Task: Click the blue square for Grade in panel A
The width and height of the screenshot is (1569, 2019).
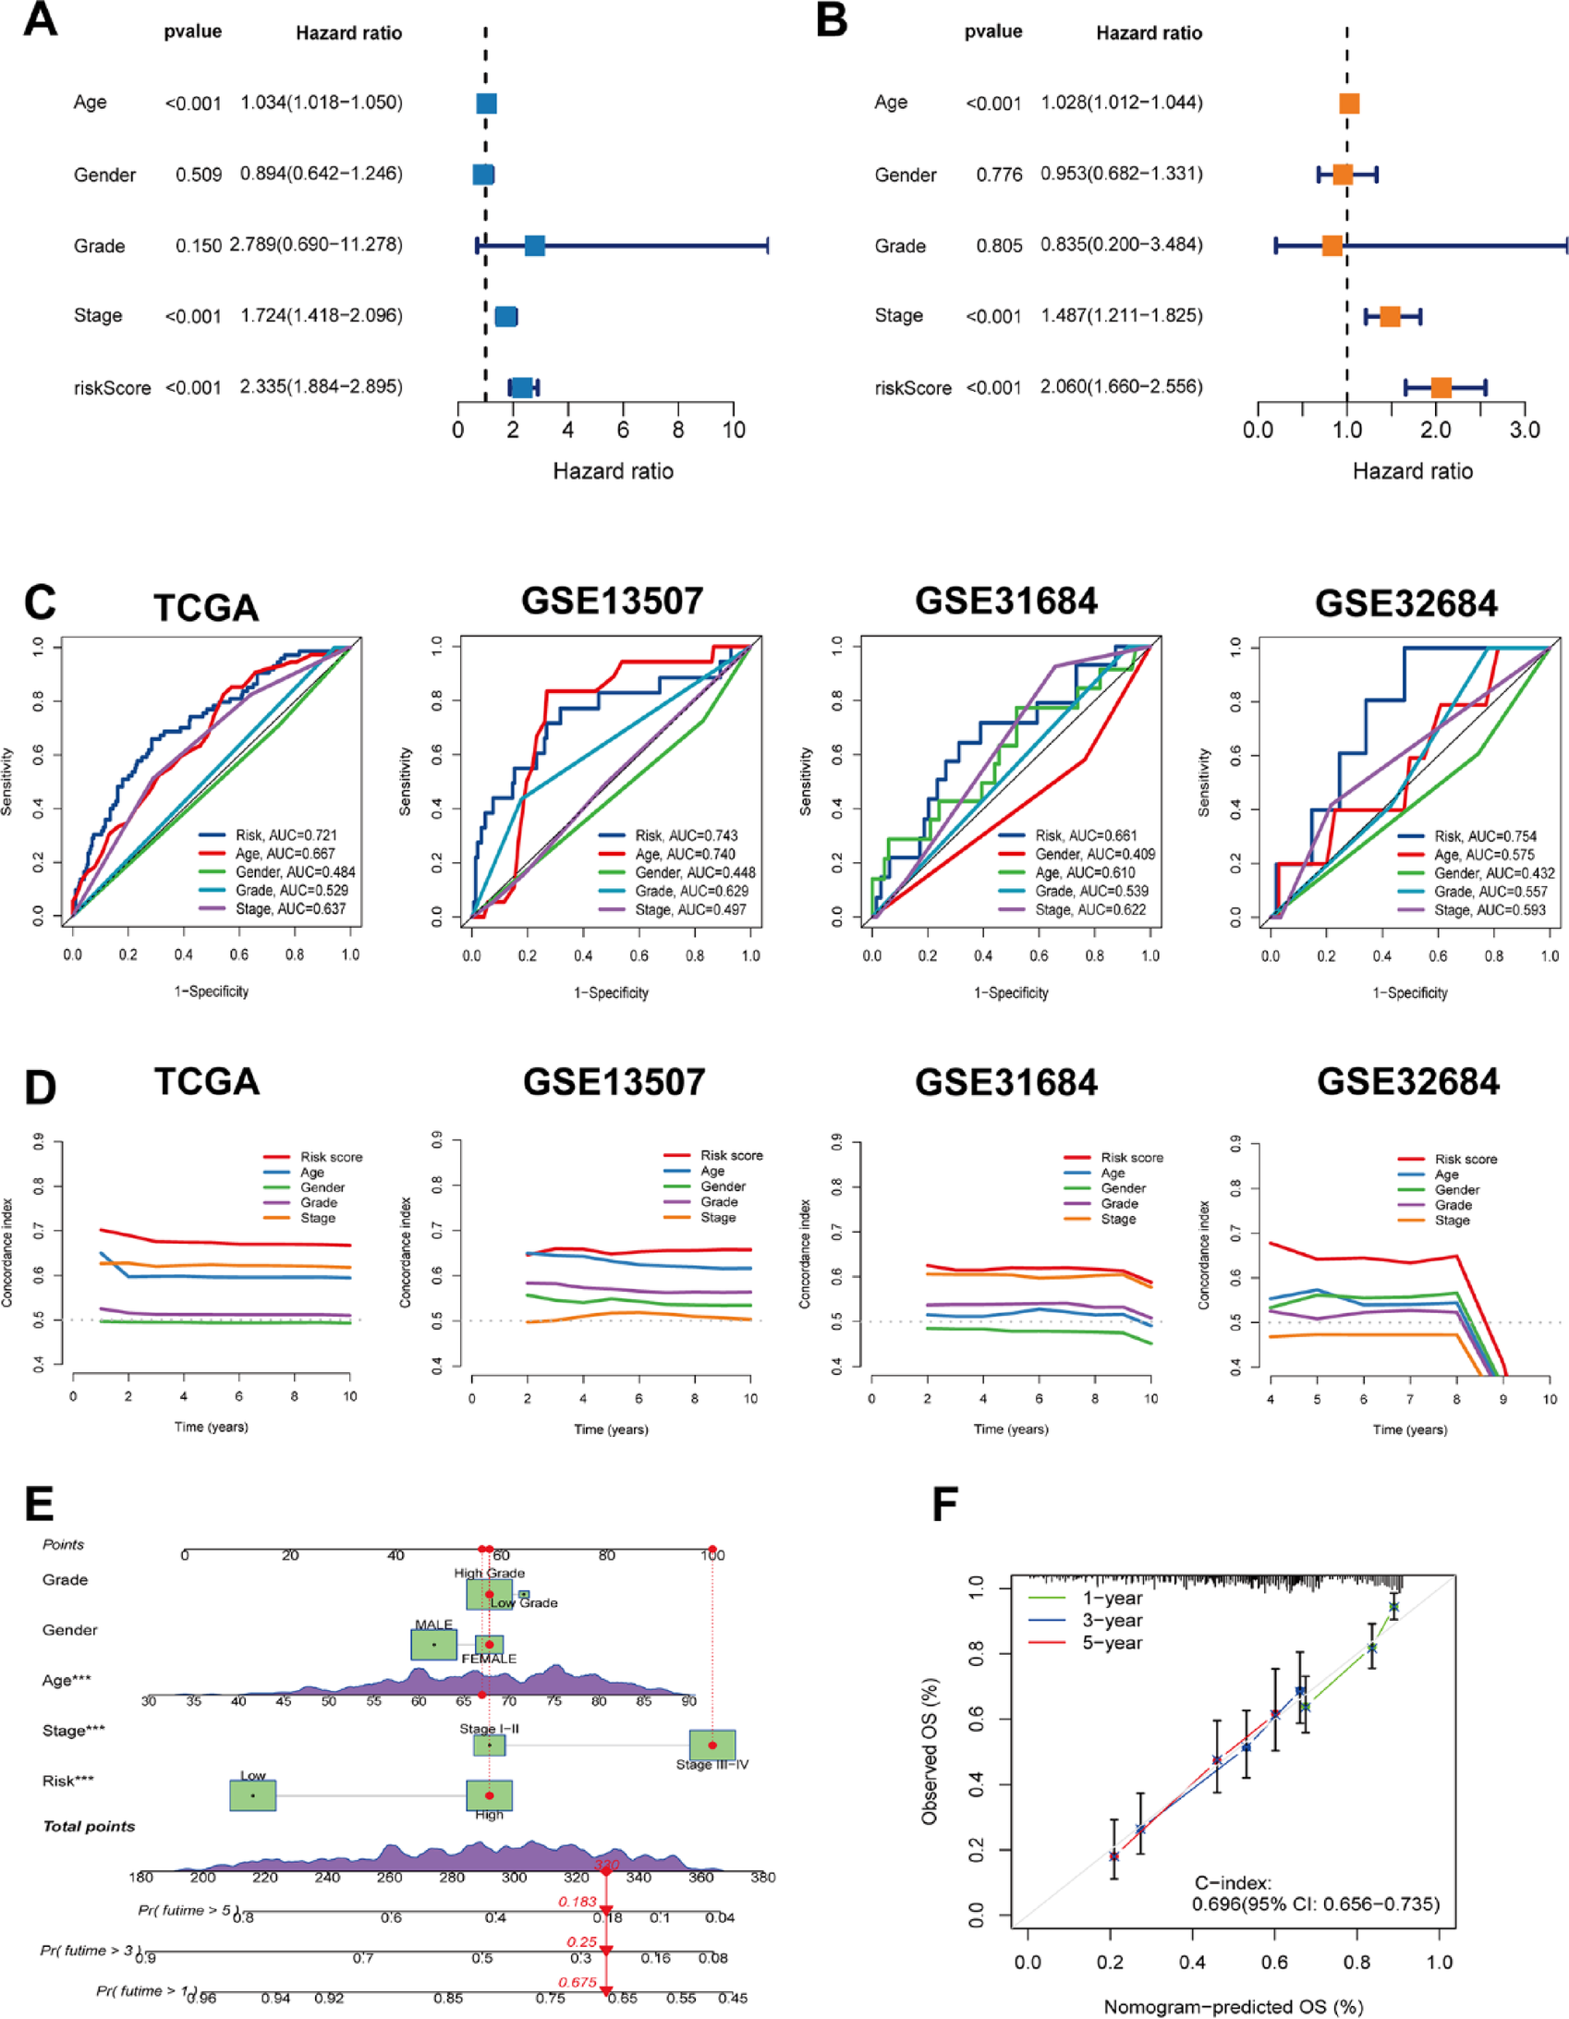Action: [x=534, y=246]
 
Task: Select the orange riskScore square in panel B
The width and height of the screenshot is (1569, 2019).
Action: [x=1441, y=388]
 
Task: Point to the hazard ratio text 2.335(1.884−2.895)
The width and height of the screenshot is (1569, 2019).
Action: [x=321, y=386]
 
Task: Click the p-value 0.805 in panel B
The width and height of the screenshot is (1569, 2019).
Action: [x=999, y=246]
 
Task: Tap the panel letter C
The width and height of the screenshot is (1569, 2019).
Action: [x=40, y=602]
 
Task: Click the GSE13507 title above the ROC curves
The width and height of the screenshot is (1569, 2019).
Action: [x=612, y=601]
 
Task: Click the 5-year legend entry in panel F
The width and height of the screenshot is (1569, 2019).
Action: [x=1113, y=1643]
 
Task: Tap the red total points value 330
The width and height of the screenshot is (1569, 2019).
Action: [x=606, y=1865]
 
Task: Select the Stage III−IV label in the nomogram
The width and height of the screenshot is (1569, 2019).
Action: [x=712, y=1765]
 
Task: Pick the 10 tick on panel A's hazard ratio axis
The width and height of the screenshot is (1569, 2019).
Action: [x=733, y=430]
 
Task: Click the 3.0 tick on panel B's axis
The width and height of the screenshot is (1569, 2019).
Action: [x=1525, y=430]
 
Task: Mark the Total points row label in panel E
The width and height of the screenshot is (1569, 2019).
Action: [x=89, y=1826]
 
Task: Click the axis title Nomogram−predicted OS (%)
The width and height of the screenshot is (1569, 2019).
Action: [x=1234, y=2006]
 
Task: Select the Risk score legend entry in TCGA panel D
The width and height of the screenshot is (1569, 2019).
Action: [x=331, y=1157]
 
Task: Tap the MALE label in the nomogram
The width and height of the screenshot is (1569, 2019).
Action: [x=433, y=1624]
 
